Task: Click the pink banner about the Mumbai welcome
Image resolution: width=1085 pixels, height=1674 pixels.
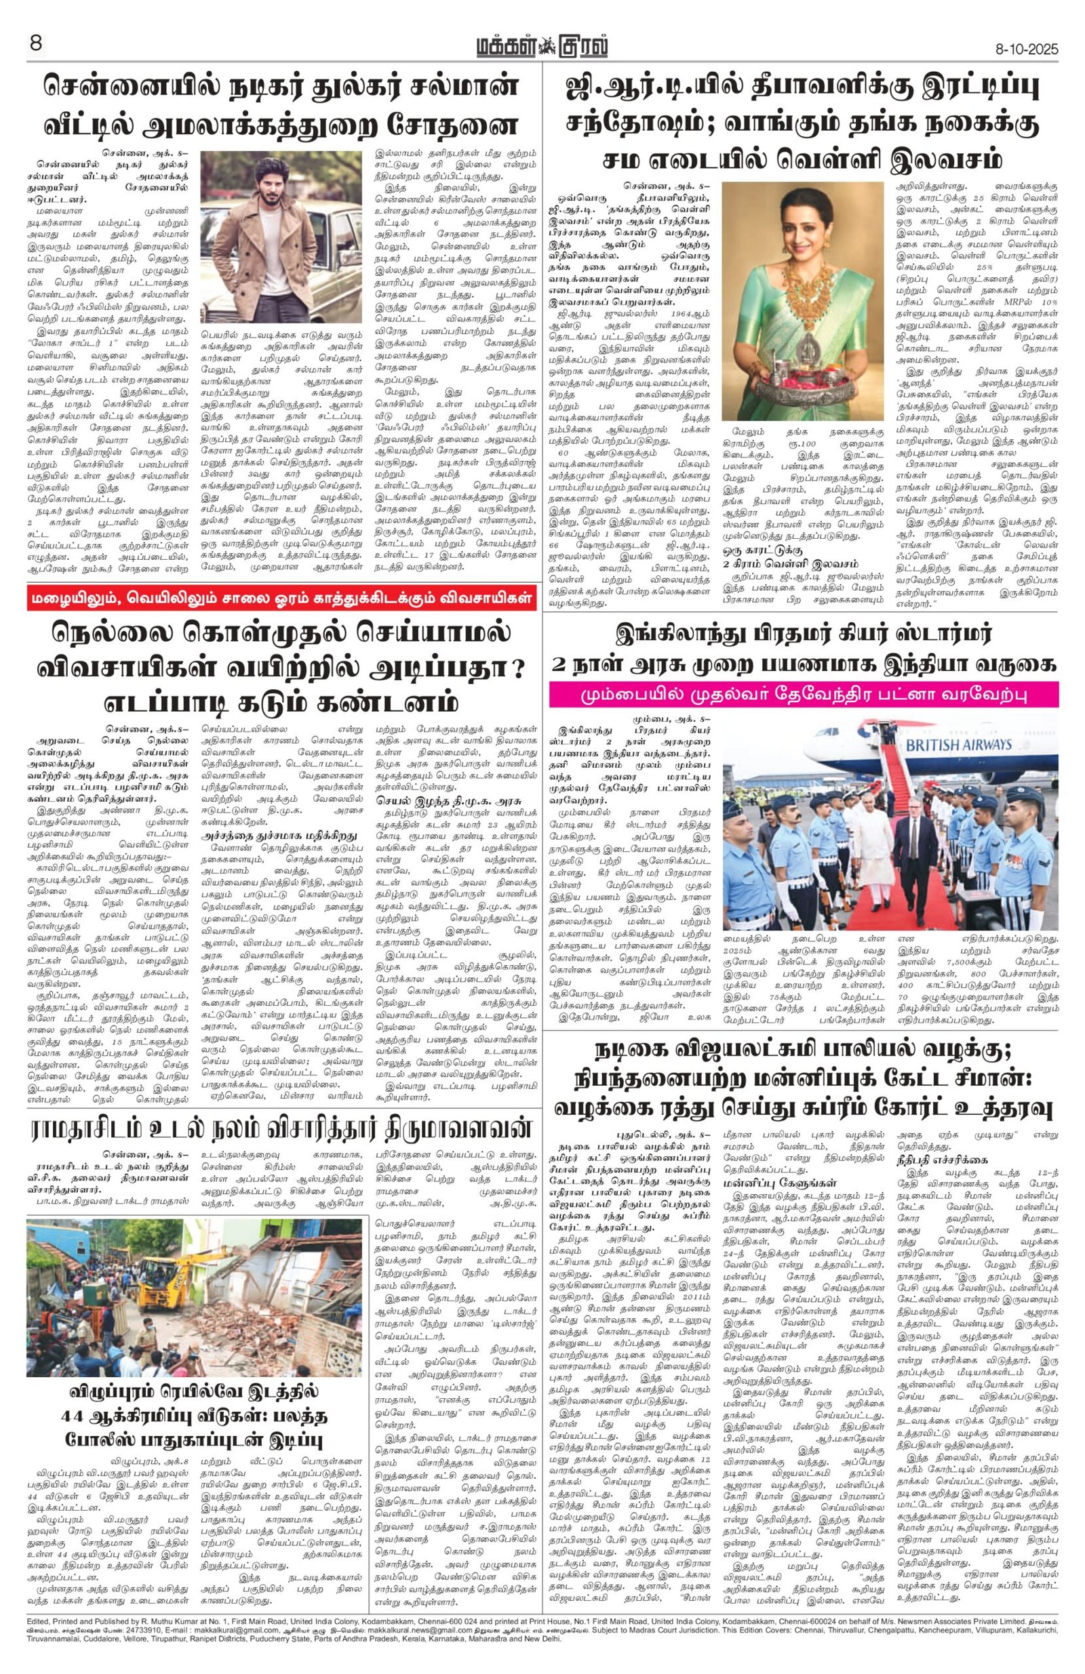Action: point(802,695)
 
